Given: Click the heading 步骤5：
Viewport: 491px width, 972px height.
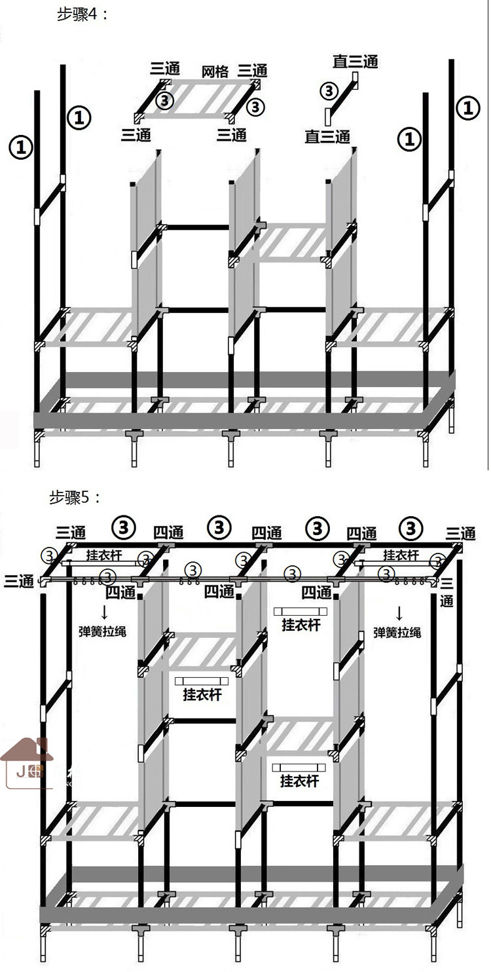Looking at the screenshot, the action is (x=75, y=497).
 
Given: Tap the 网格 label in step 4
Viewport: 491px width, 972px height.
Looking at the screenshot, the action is (x=214, y=71).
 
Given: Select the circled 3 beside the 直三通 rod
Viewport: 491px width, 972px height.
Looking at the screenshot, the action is (x=329, y=90).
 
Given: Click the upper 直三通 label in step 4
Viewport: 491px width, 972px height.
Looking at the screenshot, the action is (x=355, y=62).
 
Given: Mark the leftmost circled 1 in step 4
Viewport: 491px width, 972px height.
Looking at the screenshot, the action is (x=21, y=147).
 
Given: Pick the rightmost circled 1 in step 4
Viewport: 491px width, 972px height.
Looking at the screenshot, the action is (x=467, y=107).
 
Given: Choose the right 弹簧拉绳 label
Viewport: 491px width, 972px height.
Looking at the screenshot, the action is (x=397, y=632).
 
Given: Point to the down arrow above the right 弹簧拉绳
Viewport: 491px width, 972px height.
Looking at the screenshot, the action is (x=399, y=613).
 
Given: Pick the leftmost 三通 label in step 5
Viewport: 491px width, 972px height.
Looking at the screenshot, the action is (x=19, y=581).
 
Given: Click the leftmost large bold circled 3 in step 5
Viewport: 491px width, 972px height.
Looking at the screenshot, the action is (x=124, y=526).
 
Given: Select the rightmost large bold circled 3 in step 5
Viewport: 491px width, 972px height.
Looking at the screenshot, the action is (x=410, y=527).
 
